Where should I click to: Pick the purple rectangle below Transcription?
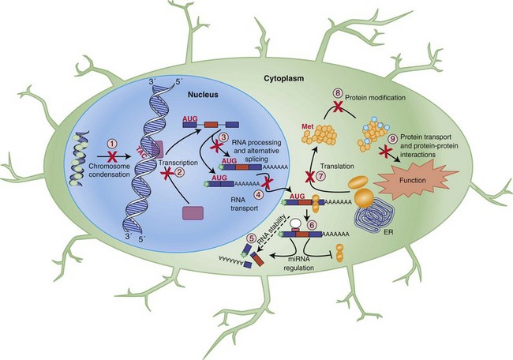point(193,212)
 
